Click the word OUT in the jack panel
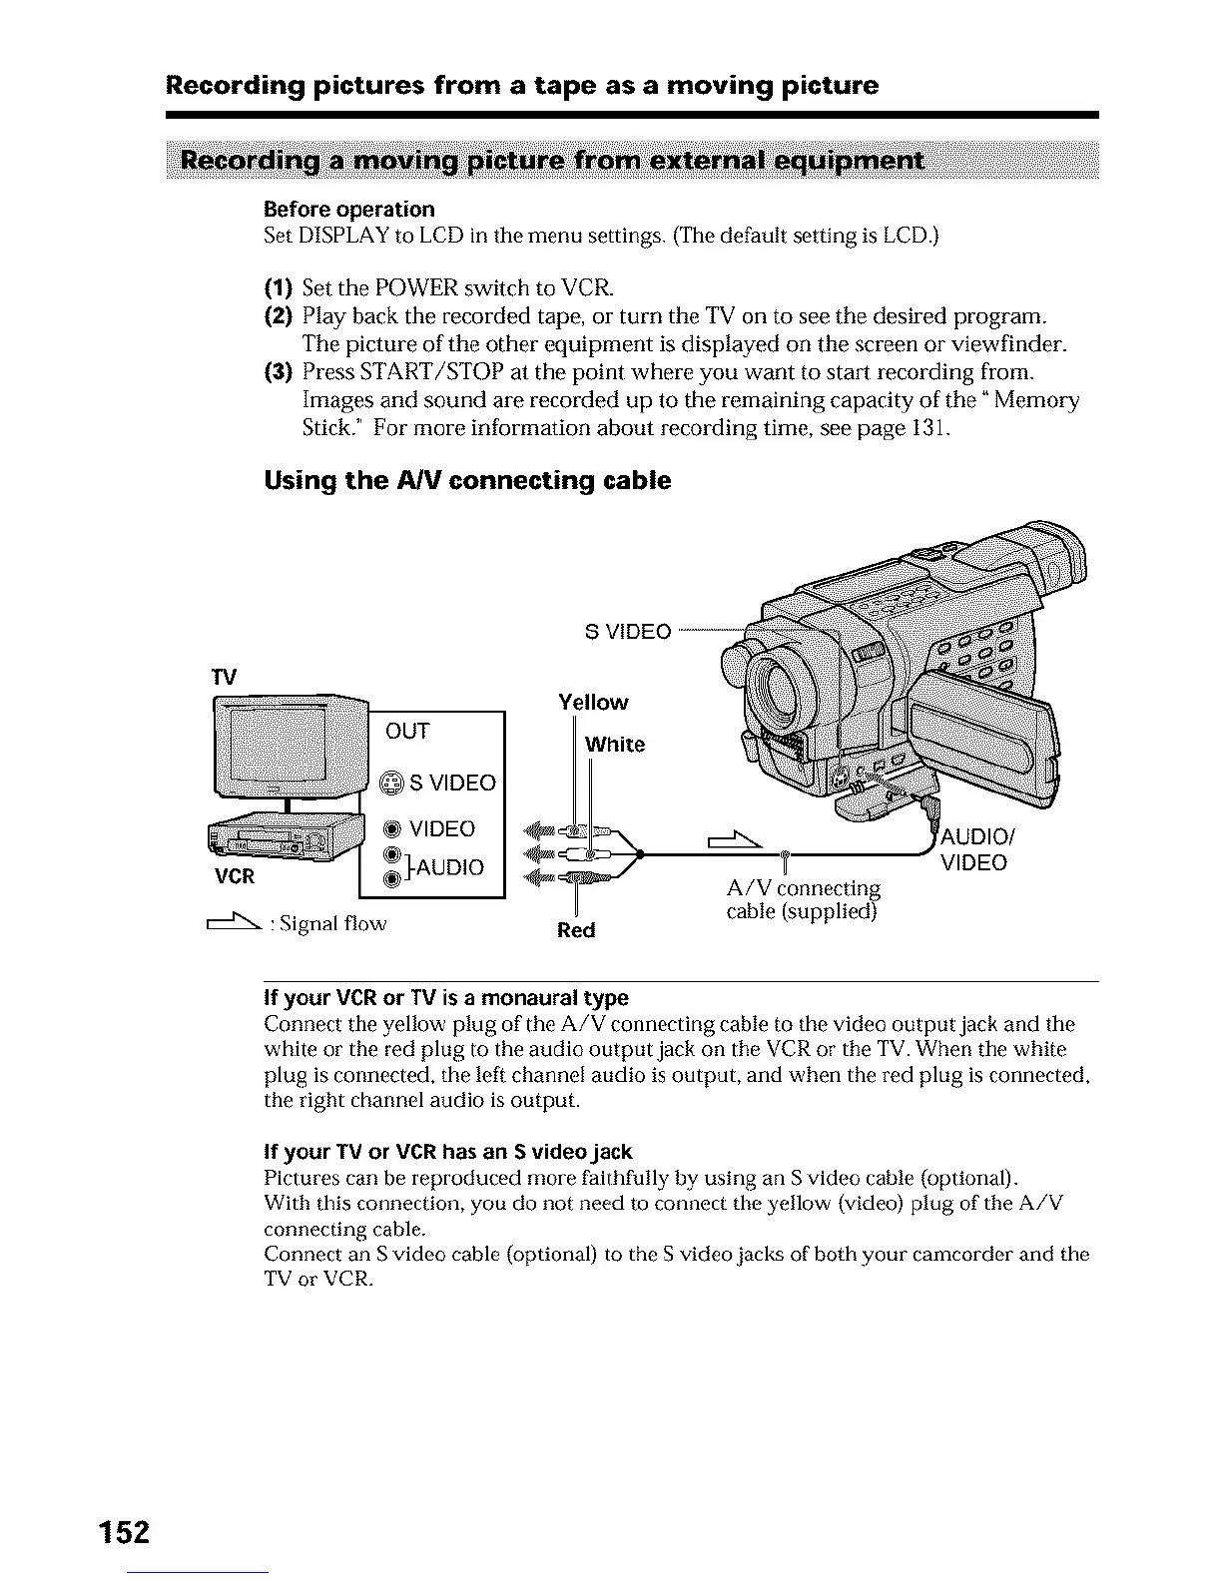407,732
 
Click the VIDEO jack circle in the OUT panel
393,829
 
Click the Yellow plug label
593,703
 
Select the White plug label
615,745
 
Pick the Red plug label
576,930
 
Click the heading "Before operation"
349,210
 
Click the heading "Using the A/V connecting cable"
467,481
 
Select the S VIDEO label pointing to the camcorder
627,632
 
